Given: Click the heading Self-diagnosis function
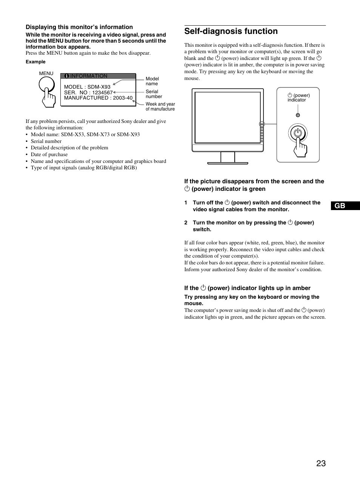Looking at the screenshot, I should click(x=231, y=31).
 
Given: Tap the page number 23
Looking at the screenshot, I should click(x=321, y=464).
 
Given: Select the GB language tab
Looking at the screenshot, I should click(x=340, y=206).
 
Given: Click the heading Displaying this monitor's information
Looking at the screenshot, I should click(x=79, y=27).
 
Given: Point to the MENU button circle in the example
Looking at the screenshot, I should click(x=46, y=86).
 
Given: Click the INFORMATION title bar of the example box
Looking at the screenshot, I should click(x=98, y=76).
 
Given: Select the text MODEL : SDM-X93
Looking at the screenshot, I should click(x=87, y=87).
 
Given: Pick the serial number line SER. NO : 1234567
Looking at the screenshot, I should click(x=88, y=92).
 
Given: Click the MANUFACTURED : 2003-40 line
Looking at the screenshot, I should click(x=98, y=98).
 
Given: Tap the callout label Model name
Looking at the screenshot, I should click(x=152, y=81).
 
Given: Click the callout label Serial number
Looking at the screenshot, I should click(x=154, y=94).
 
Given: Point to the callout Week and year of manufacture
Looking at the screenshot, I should click(x=160, y=106).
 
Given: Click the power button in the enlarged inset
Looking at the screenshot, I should click(x=298, y=133).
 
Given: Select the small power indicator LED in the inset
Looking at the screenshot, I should click(x=298, y=115).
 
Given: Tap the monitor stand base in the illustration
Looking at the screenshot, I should click(x=228, y=163).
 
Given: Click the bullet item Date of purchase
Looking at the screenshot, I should click(x=49, y=154).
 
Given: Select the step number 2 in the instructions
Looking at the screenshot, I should click(x=186, y=223).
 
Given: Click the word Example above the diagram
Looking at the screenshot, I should click(x=35, y=62).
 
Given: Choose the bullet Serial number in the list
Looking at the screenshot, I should click(x=46, y=141).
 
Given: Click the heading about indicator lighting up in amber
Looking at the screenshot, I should click(x=247, y=288).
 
